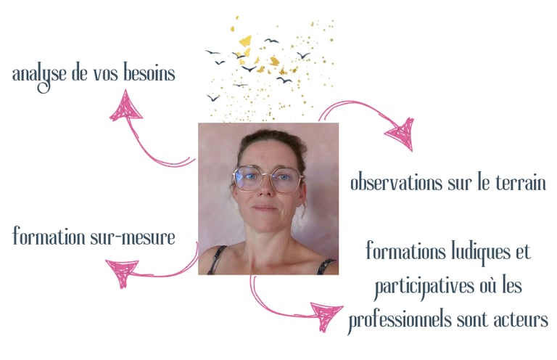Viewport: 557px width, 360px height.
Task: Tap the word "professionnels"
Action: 401,319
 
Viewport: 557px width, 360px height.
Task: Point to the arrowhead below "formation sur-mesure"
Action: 121,273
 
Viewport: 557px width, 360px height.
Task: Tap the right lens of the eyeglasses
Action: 286,179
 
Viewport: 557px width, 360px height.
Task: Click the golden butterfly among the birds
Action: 246,41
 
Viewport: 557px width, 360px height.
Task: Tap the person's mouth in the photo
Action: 265,208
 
